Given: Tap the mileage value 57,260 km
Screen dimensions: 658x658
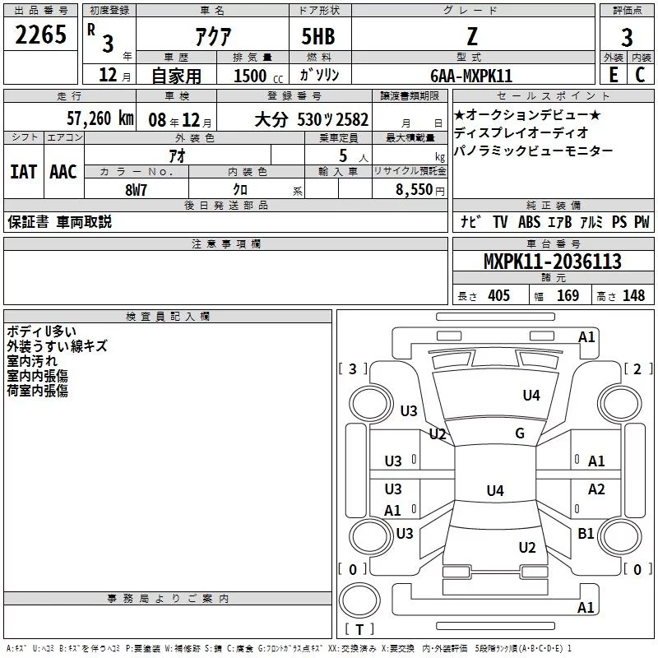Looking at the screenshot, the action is (100, 118).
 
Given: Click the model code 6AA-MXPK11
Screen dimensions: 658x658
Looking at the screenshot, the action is (471, 76).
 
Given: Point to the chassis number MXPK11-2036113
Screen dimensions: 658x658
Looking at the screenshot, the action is (552, 262).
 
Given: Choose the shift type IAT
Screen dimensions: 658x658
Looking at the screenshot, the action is (23, 171).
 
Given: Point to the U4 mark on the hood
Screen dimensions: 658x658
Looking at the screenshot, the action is (531, 396).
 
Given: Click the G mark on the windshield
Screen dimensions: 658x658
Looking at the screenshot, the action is (520, 433).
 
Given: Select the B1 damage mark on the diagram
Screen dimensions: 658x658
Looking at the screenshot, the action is (586, 534).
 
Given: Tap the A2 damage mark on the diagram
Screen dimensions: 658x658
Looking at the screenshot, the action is (596, 489).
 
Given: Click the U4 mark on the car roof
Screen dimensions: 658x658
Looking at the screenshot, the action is (494, 491).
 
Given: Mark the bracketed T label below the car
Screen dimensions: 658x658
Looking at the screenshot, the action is (359, 630).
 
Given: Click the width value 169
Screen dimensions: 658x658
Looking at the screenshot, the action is (568, 295).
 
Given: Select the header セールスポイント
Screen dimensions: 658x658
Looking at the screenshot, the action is (551, 95).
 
